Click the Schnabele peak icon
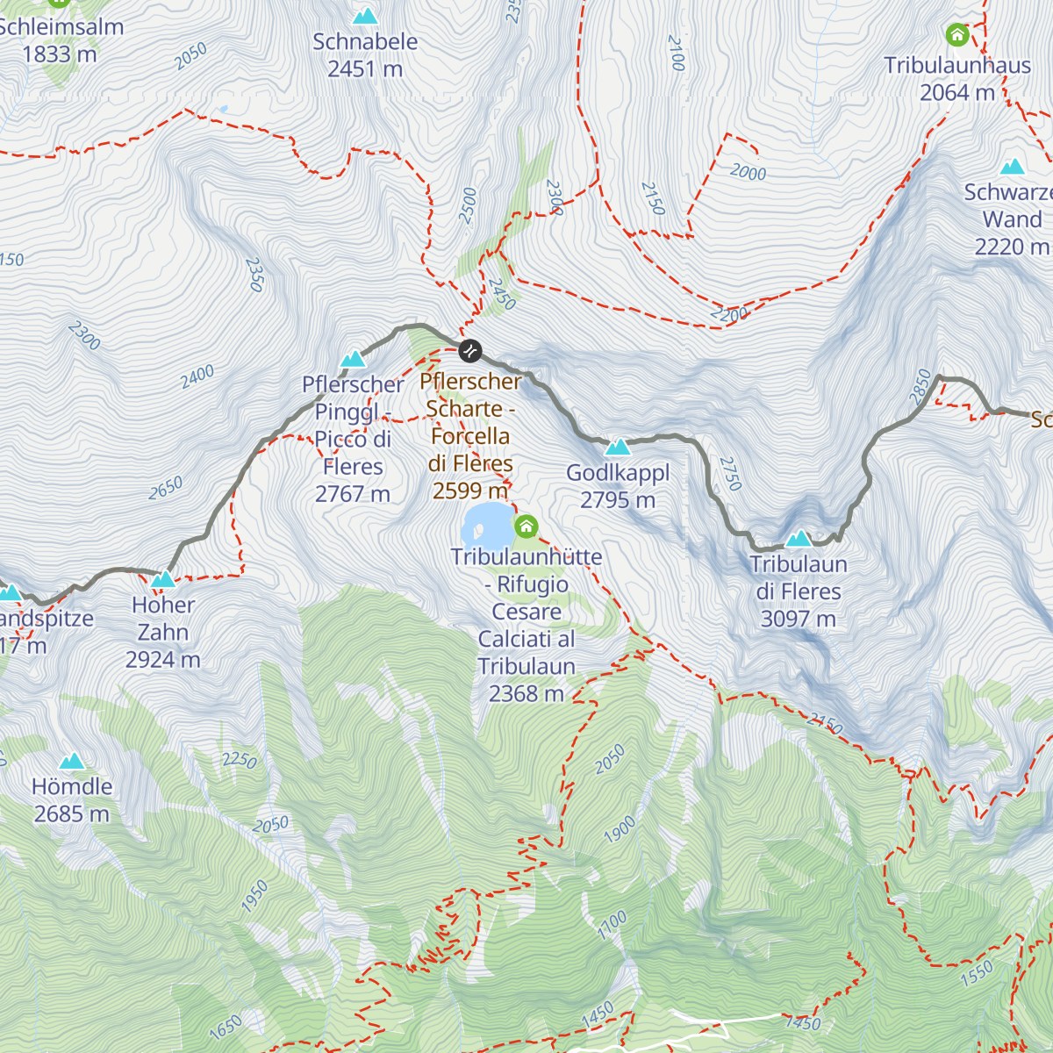click(365, 16)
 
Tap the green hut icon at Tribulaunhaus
click(957, 35)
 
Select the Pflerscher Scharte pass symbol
click(470, 351)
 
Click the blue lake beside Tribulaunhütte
click(485, 525)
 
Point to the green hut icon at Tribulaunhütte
click(526, 526)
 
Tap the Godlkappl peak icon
click(618, 448)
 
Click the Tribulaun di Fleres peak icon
click(799, 538)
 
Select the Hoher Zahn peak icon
click(163, 579)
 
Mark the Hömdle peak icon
click(72, 761)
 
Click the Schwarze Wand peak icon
click(1013, 167)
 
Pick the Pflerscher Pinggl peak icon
click(353, 359)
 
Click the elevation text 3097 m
click(798, 619)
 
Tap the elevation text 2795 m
click(617, 500)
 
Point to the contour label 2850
click(921, 387)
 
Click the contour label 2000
click(748, 172)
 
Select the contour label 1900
click(620, 829)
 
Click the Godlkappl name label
click(617, 473)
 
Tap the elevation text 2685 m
click(72, 814)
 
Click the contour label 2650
click(165, 488)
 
